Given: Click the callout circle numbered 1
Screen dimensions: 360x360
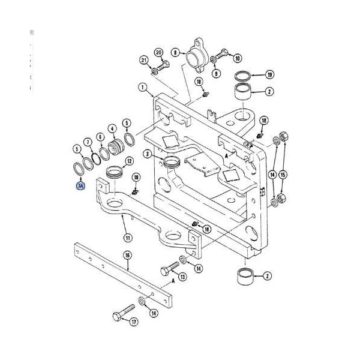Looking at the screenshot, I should [143, 87].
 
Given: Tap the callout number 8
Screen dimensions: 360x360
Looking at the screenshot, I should [175, 53].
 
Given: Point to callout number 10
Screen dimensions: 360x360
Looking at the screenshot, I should [237, 58].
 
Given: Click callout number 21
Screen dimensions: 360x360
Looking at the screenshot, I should [143, 59].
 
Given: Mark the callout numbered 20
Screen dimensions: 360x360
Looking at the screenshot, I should [159, 53].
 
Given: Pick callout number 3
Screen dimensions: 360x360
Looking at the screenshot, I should [146, 154].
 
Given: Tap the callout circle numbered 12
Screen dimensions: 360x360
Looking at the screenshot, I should [128, 161].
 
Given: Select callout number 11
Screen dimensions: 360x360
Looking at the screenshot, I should [127, 237].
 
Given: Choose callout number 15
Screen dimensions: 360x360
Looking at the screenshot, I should [284, 175].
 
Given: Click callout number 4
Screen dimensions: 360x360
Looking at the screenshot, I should [112, 128].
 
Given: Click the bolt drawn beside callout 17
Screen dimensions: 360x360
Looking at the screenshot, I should [121, 314].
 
